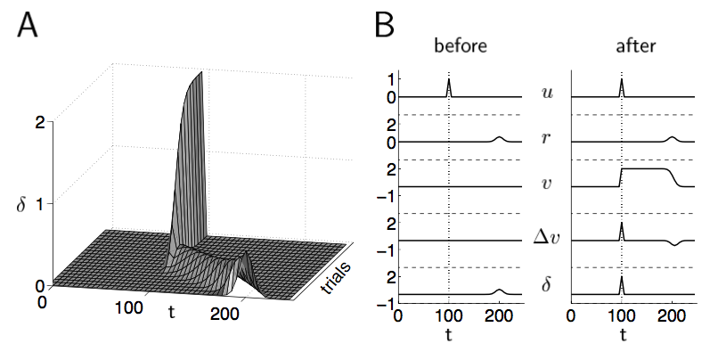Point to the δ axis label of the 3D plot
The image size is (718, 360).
20,204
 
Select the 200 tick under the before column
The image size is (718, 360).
500,315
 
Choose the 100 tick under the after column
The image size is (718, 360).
622,315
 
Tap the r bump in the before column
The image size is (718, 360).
499,138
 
